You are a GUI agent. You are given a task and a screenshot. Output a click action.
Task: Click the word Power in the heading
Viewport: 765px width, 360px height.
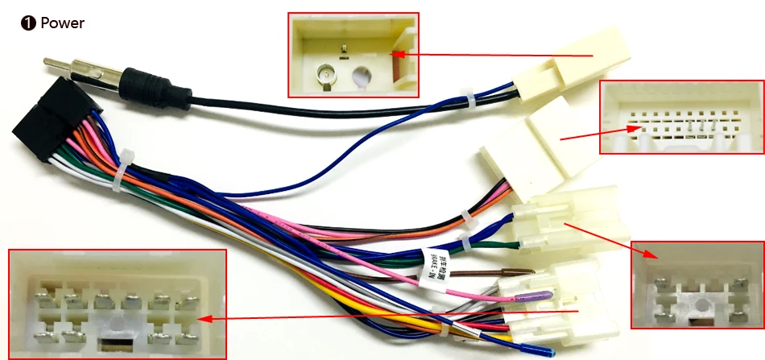[62, 23]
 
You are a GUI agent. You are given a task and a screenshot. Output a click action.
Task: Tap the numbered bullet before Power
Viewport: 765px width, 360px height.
[28, 23]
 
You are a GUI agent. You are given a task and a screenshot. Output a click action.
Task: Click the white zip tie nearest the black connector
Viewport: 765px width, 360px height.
[127, 164]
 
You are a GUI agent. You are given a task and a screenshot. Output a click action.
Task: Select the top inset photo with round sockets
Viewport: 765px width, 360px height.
[353, 54]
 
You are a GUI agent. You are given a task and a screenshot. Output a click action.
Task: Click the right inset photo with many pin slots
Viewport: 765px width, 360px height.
[681, 117]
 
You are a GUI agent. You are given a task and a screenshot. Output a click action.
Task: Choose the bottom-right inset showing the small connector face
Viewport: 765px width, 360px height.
[697, 284]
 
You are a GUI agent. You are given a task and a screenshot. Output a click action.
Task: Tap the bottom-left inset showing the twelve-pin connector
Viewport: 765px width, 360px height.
[117, 304]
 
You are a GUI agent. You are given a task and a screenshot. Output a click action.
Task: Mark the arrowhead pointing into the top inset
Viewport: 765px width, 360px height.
[397, 55]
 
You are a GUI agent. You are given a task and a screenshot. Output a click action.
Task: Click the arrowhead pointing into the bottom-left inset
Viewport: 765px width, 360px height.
[205, 319]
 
